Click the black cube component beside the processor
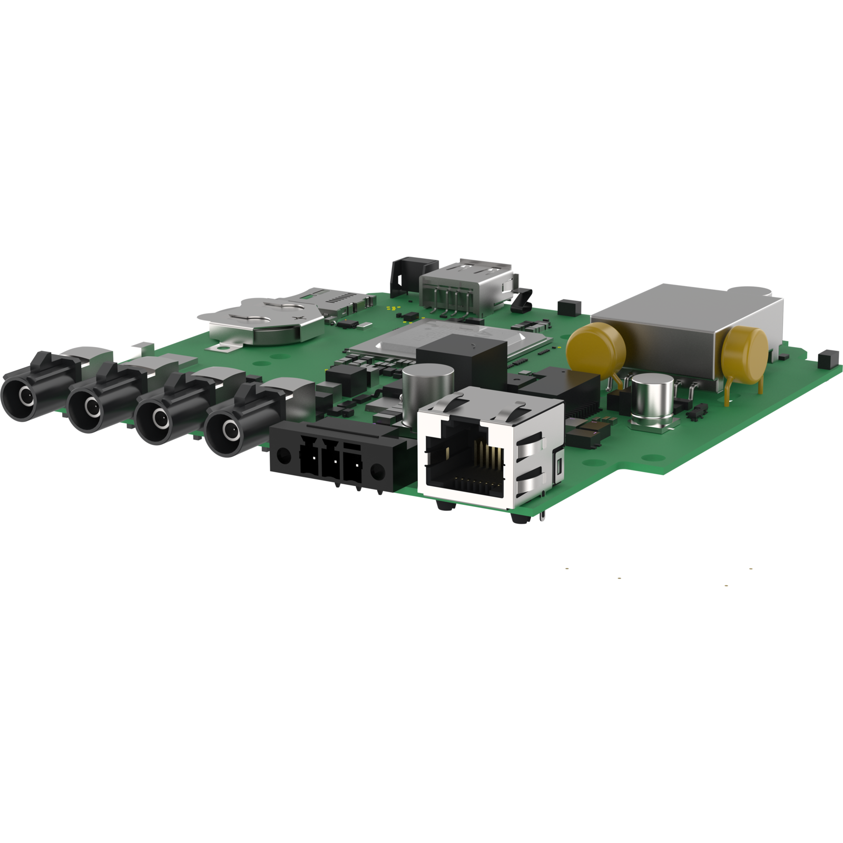(461, 364)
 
